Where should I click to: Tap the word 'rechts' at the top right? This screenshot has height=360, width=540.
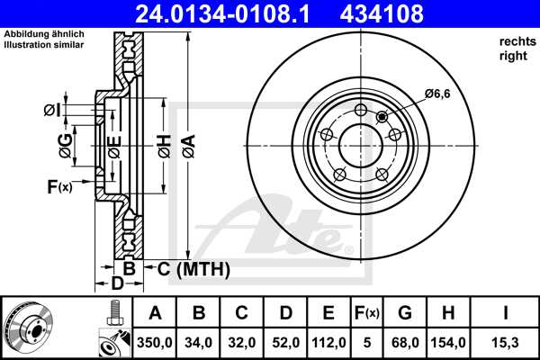click(x=516, y=42)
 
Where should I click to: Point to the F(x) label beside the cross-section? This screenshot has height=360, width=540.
click(x=58, y=187)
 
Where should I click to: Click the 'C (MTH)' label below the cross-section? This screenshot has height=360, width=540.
click(x=193, y=269)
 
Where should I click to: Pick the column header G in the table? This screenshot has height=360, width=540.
click(x=405, y=314)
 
